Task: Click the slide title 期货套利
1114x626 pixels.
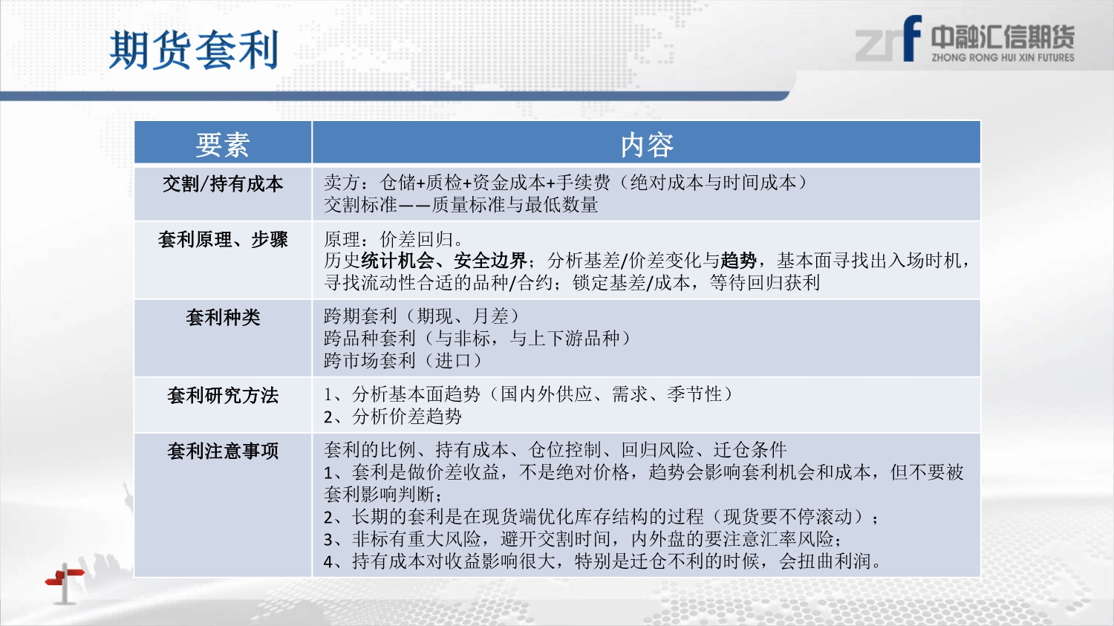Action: point(193,50)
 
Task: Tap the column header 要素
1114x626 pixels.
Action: point(223,145)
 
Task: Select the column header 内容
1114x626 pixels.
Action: point(647,145)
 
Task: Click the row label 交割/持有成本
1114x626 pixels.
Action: point(223,184)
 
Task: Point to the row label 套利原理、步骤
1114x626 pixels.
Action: point(223,240)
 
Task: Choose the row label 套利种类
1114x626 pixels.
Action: point(223,317)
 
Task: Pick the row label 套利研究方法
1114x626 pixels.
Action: point(223,395)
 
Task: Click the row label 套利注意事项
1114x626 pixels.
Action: point(223,451)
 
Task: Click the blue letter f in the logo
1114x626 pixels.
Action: point(913,39)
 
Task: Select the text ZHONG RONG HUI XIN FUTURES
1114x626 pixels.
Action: point(1003,58)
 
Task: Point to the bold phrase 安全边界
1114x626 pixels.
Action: point(490,261)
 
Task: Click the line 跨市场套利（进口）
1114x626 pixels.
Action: point(403,360)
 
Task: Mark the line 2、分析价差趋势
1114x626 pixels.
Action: point(393,417)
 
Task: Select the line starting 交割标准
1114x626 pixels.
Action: point(461,205)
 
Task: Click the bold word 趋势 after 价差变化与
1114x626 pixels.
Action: point(738,261)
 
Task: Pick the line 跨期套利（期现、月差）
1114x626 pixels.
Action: point(423,316)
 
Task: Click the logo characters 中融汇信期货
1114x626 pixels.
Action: point(1003,37)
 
